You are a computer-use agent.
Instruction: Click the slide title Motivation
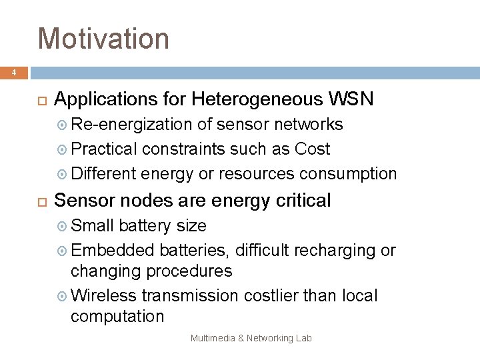[x=103, y=38]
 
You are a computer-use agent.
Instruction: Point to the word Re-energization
[x=131, y=124]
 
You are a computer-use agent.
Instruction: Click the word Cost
[x=313, y=149]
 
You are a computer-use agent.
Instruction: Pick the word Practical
[x=103, y=149]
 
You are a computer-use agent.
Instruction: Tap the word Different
[x=103, y=173]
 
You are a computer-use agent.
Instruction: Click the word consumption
[x=348, y=173]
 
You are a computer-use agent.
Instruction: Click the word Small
[x=92, y=225]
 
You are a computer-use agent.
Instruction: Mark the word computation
[x=117, y=316]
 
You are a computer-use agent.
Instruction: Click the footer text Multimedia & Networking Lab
[x=251, y=338]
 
